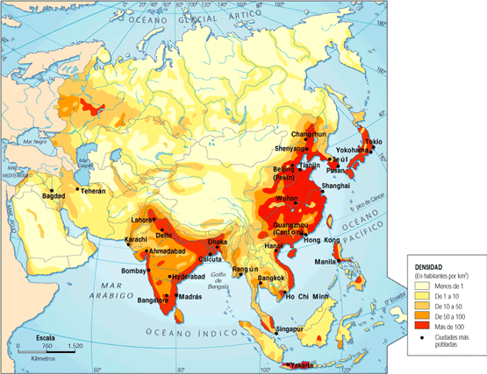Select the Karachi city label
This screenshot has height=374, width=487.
(x=137, y=239)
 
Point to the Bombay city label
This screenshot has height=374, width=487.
(x=134, y=271)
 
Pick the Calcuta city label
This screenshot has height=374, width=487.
(x=210, y=259)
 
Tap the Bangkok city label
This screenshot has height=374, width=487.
(x=276, y=279)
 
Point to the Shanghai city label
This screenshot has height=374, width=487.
(x=337, y=187)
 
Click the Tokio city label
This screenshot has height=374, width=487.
(x=373, y=141)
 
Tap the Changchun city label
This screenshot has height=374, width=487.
(x=308, y=134)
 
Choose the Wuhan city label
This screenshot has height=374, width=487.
(x=287, y=200)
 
